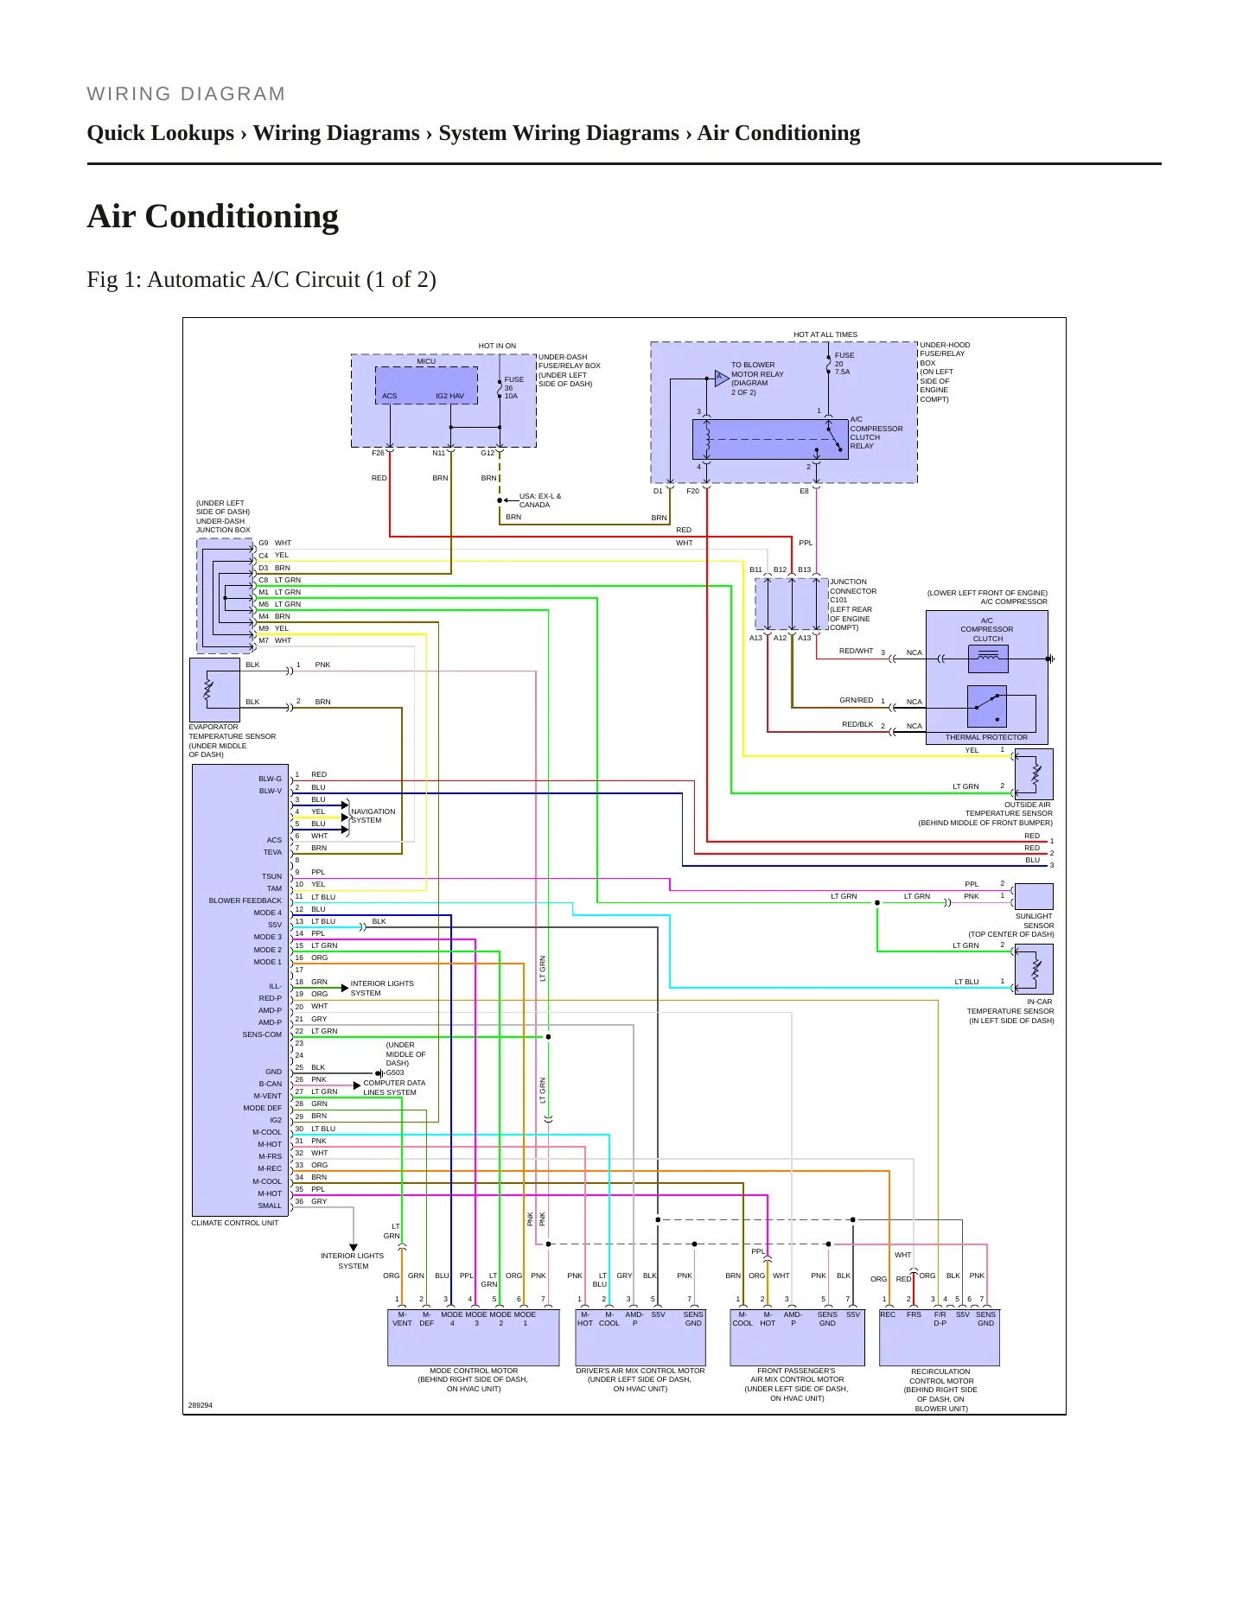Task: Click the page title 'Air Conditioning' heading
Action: click(x=213, y=216)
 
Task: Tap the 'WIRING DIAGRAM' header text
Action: click(x=186, y=94)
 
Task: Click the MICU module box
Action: click(x=426, y=385)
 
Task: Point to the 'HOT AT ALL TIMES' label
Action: click(x=825, y=334)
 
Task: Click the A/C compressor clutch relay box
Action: click(x=770, y=440)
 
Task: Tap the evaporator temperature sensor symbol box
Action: click(x=214, y=690)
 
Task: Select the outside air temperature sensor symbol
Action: click(x=1034, y=774)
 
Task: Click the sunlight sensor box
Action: click(x=1034, y=896)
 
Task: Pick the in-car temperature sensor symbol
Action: click(x=1034, y=969)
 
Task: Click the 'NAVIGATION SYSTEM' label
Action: click(x=373, y=816)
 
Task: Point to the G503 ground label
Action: click(x=395, y=1072)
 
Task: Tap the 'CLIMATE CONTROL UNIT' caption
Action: click(x=235, y=1223)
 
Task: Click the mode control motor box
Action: click(x=474, y=1338)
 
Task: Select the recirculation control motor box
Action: click(x=940, y=1338)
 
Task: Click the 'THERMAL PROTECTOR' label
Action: click(x=986, y=737)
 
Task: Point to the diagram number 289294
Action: click(x=201, y=1405)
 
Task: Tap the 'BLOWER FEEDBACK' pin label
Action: click(x=245, y=900)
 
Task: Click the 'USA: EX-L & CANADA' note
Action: click(x=540, y=500)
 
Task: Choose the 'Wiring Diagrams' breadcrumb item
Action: click(x=336, y=133)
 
